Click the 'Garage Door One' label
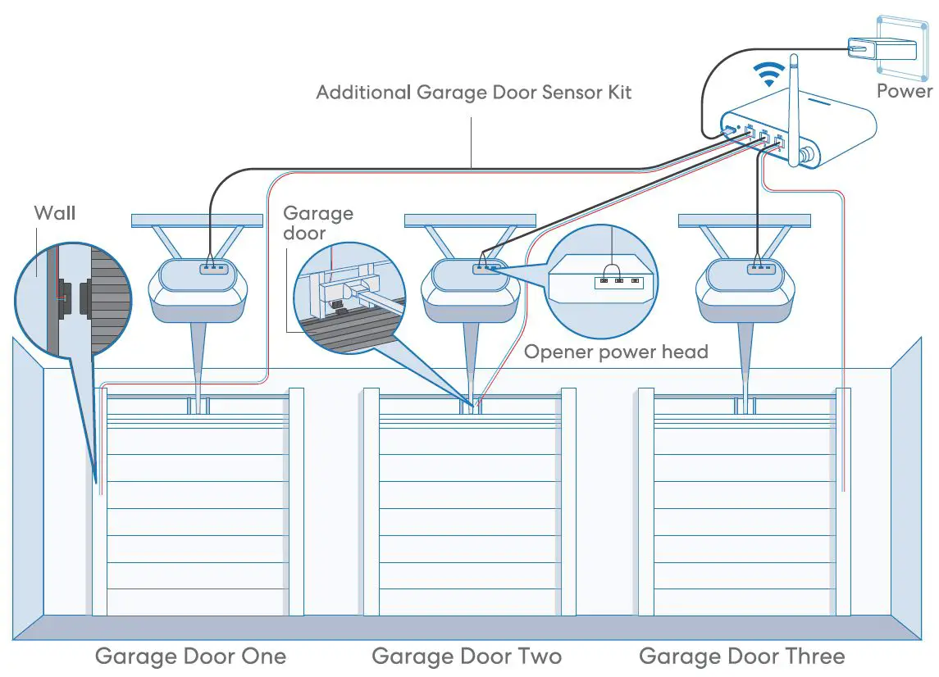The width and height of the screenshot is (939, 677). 190,657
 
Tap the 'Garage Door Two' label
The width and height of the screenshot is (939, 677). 467,657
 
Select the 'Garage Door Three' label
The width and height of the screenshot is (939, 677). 741,657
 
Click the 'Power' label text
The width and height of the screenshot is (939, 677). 905,90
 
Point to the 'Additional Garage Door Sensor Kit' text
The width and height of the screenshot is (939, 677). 474,92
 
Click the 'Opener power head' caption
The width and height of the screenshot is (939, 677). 616,352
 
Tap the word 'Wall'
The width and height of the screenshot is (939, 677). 54,213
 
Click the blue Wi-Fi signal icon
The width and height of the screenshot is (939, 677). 768,76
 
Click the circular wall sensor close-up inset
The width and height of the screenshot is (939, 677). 72,300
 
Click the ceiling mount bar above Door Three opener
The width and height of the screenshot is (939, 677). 744,220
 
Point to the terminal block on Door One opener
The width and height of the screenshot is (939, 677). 213,266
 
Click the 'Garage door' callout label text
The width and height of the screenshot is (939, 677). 317,223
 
